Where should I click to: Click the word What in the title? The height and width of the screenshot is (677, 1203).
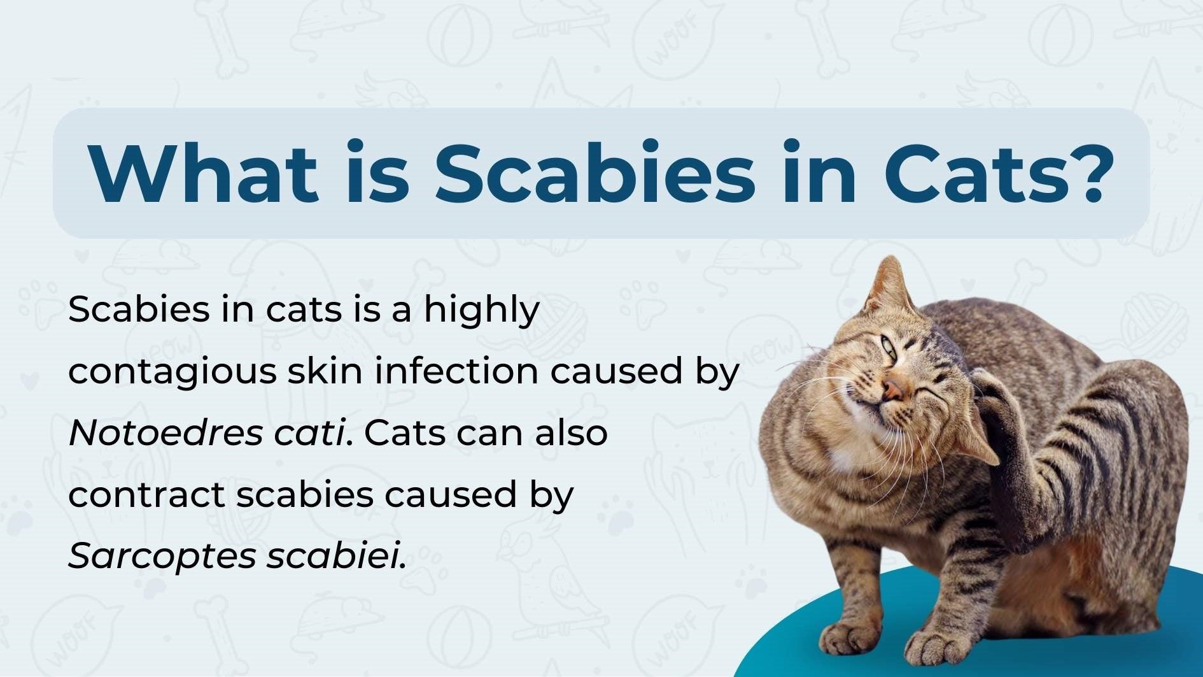point(204,173)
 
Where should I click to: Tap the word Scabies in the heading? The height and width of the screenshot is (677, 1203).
point(594,173)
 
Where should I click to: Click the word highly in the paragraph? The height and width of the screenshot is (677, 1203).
point(482,311)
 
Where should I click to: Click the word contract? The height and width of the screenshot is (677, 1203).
point(146,495)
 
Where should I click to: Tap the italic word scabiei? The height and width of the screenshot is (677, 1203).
point(335,555)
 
